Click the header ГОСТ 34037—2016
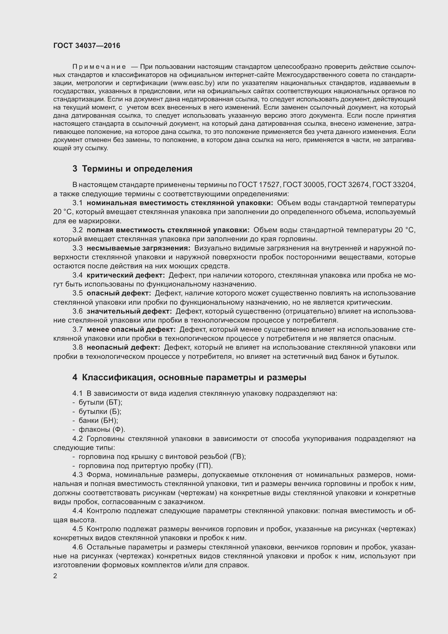87,46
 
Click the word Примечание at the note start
99,67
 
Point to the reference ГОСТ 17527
259,185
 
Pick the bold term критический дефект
125,275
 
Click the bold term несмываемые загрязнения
138,248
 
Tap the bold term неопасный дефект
123,347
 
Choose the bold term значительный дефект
129,311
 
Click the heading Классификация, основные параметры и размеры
189,377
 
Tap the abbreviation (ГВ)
238,456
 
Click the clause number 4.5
77,529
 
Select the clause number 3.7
77,329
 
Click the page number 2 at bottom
55,576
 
